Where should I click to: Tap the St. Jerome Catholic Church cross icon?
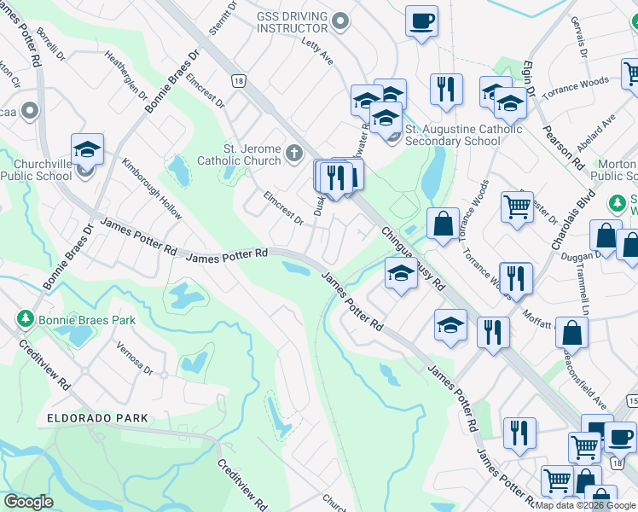point(294,154)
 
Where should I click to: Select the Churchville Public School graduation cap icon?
point(88,149)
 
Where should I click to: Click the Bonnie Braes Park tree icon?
point(26,319)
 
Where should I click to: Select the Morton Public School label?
point(613,171)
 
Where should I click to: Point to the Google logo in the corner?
point(28,502)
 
